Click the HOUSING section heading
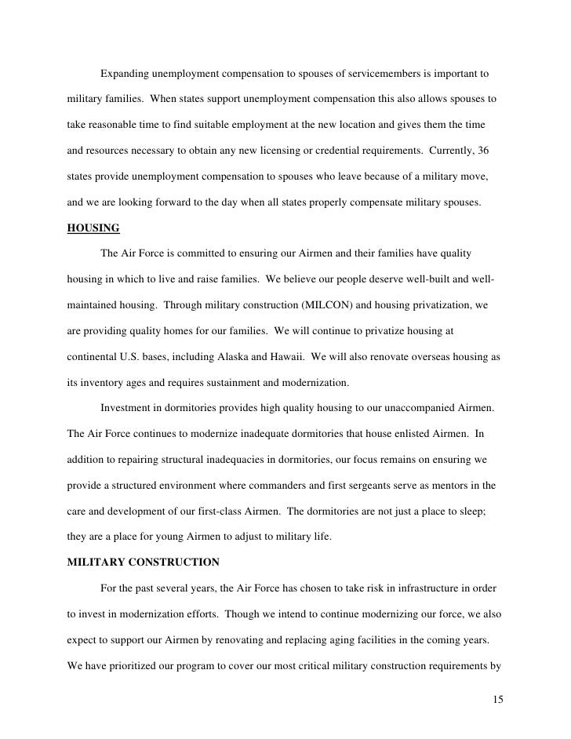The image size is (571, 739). [93, 228]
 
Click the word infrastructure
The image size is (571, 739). [424, 588]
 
